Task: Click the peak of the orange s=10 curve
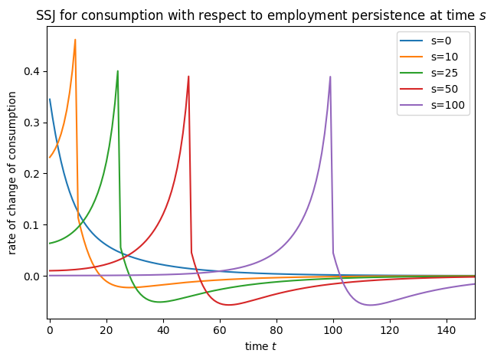tap(75, 40)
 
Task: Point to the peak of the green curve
tap(117, 71)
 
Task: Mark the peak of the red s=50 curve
tap(188, 77)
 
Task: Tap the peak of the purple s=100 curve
tap(330, 77)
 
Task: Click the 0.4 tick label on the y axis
tap(31, 72)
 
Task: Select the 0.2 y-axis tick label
tap(31, 174)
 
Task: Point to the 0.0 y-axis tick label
tap(31, 277)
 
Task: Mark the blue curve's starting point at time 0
tap(50, 99)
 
